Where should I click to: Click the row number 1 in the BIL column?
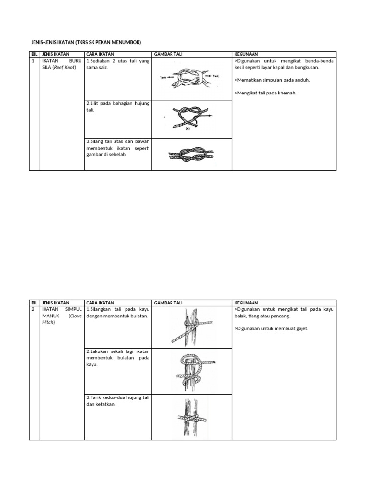33,61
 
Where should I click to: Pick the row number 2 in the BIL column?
33,310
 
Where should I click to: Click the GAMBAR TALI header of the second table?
168,303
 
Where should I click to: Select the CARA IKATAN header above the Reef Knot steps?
100,55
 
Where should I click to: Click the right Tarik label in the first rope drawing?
216,76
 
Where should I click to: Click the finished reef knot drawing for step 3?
190,155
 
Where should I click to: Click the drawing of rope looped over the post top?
192,369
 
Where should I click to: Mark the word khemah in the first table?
287,93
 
